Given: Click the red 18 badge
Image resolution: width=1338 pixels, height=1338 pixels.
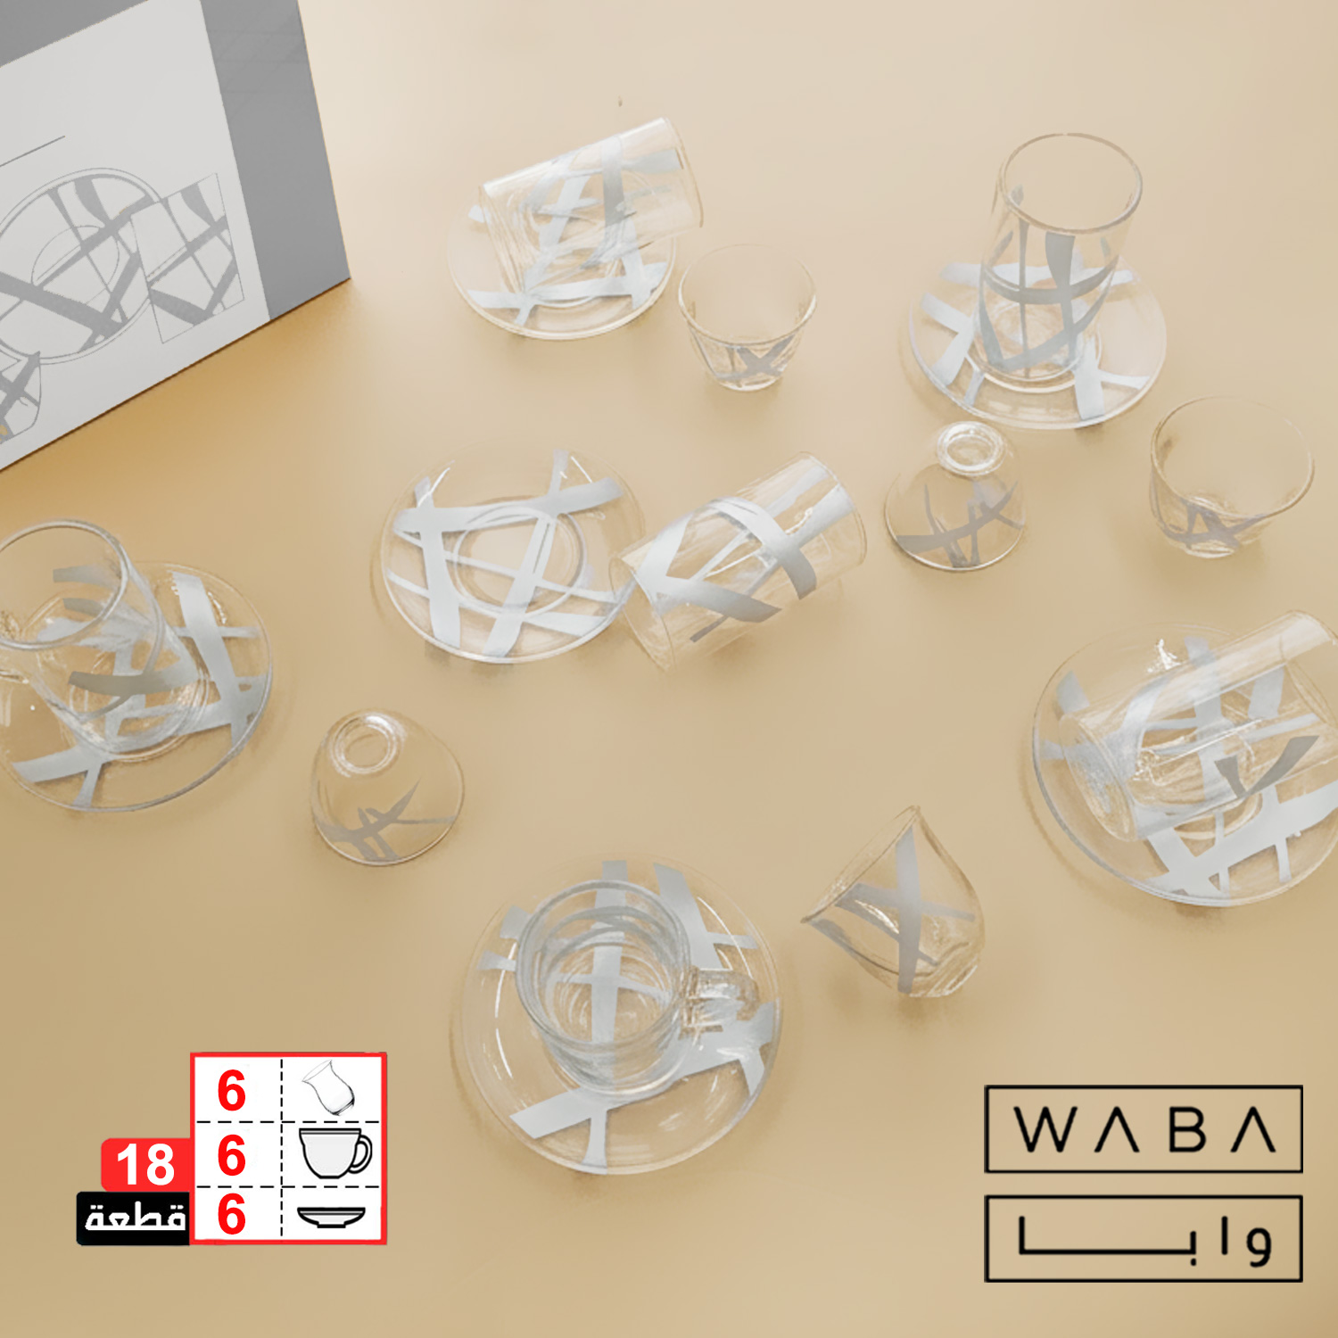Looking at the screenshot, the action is pos(146,1164).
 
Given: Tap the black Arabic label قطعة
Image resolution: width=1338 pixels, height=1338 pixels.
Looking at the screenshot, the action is pos(134,1218).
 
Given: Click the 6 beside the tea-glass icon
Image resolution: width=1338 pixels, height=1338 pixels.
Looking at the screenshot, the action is pos(231,1091).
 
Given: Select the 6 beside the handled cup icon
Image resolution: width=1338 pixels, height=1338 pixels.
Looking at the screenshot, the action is pos(231,1156).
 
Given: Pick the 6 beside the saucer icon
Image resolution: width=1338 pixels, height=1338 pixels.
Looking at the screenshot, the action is pos(231,1214).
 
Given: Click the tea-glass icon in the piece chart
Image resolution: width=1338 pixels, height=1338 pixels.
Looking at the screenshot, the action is pos(330,1088).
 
